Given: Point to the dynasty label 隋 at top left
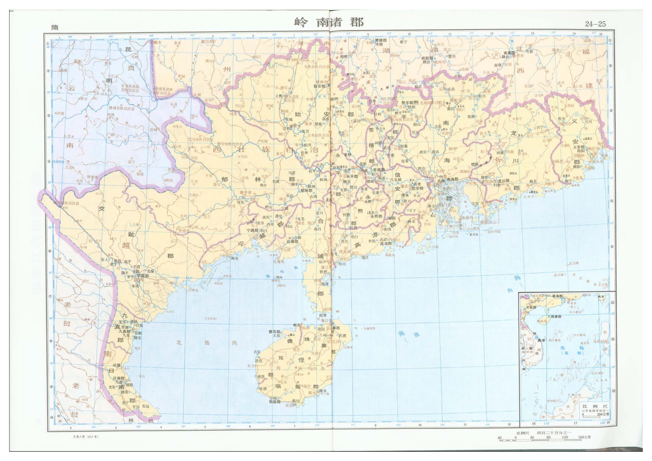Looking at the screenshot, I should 55,28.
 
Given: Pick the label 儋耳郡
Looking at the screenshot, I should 274,331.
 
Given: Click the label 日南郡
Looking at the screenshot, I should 119,378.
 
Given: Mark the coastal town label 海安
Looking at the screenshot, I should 235,258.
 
